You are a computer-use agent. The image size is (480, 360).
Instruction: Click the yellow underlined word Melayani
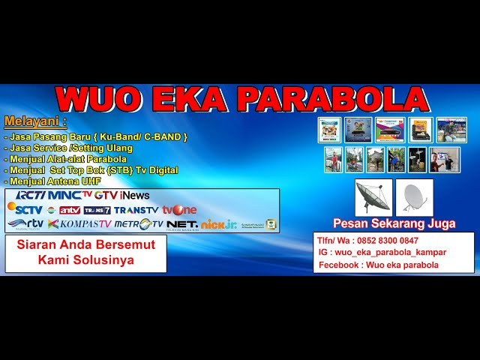point(34,121)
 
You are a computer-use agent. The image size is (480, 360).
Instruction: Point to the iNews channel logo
point(134,195)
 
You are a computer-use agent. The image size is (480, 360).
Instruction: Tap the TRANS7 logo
point(97,210)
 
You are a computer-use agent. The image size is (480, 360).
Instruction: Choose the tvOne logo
point(179,210)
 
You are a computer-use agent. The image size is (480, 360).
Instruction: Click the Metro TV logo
point(138,223)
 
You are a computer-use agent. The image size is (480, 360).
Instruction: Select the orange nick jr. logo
point(219,223)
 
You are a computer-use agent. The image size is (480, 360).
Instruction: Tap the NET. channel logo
point(182,223)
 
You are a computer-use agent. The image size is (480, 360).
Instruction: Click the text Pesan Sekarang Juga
point(394,223)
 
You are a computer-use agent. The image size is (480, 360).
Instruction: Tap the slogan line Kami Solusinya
point(85,259)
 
